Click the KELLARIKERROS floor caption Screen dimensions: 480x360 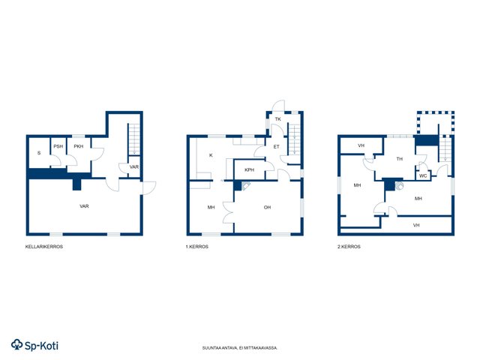tap(44, 247)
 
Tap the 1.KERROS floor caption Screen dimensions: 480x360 tap(196, 247)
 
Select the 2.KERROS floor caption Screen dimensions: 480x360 tap(349, 247)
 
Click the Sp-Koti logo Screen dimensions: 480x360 tap(34, 345)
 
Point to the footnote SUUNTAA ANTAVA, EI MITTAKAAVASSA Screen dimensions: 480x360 tap(240, 348)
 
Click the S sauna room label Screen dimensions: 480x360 tap(39, 153)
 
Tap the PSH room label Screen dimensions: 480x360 tap(58, 146)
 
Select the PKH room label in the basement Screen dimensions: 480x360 tap(79, 146)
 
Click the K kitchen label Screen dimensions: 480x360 tap(211, 155)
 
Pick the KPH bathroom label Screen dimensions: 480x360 tap(250, 169)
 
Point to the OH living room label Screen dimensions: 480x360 tap(267, 207)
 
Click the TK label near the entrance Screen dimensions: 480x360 tap(277, 118)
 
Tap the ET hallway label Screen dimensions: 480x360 tap(277, 147)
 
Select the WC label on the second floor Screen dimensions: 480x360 tap(423, 175)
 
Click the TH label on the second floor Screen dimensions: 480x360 tap(400, 159)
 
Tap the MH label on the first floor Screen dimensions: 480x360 tap(211, 207)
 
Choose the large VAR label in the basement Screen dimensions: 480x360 tap(84, 206)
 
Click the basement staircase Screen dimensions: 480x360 tap(134, 139)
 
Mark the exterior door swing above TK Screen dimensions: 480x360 tap(278, 105)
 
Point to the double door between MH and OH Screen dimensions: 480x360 tap(228, 212)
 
